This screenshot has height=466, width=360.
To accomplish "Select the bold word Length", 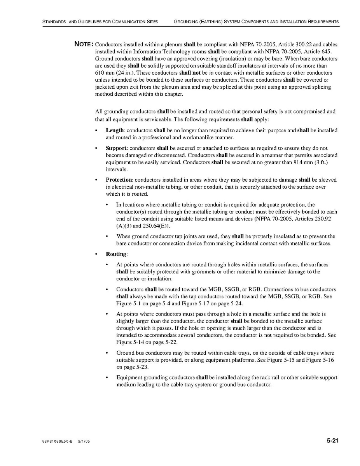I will tap(115, 130).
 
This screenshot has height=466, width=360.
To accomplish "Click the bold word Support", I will tap(116, 148).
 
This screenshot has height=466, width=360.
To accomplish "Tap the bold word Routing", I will tap(116, 254).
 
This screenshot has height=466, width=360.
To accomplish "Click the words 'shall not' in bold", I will tap(190, 73).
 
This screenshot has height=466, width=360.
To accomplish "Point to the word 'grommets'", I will tap(208, 272).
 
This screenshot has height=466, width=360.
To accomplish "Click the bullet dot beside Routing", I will tap(96, 254).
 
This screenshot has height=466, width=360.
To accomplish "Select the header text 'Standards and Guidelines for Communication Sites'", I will tap(100, 22).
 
